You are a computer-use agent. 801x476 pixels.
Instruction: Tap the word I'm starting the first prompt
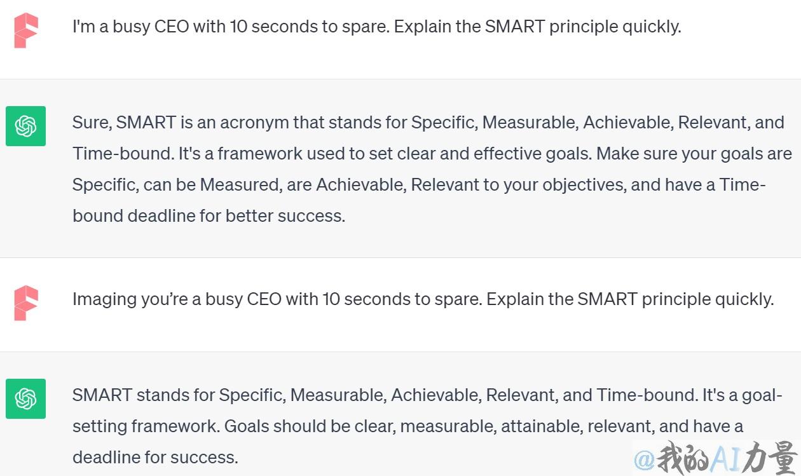[x=84, y=27]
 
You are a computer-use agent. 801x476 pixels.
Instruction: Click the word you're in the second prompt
[x=164, y=299]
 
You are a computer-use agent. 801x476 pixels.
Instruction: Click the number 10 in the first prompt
[x=238, y=27]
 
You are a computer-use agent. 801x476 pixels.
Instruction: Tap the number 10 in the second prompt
[x=331, y=299]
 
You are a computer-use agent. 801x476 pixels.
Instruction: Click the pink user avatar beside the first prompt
[x=26, y=31]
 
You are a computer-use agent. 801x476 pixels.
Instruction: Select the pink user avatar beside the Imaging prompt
[x=26, y=303]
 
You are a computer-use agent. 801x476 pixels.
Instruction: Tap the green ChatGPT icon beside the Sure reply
[x=25, y=126]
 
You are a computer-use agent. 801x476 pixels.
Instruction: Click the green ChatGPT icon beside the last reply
[x=25, y=399]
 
